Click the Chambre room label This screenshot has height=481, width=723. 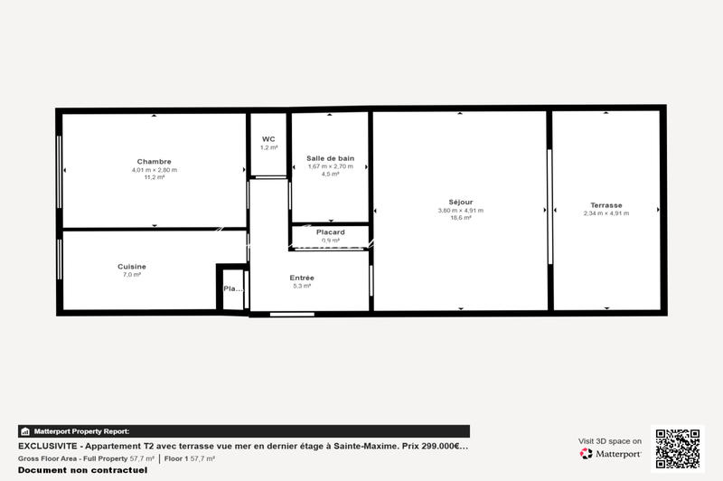tap(154, 162)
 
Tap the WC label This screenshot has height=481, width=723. tap(268, 139)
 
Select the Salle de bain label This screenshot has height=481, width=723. tap(330, 158)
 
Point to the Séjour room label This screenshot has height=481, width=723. tap(460, 202)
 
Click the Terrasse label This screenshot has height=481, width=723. tap(606, 205)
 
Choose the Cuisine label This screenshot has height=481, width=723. tap(132, 266)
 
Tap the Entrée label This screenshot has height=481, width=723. tap(302, 278)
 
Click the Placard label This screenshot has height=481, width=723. tap(330, 232)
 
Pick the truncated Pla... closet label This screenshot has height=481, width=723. tap(231, 289)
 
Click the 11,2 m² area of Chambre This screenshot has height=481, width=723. tap(154, 177)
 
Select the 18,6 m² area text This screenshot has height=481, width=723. tap(460, 218)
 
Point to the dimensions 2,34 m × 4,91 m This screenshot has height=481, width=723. tap(606, 213)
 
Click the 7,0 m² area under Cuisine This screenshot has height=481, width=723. tap(132, 274)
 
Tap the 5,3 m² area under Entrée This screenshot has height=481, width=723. tap(302, 286)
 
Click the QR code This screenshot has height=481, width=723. tap(677, 449)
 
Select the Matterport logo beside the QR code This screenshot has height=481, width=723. tap(611, 453)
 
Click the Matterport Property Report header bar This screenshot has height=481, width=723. tap(244, 431)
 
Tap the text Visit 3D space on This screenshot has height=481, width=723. tap(611, 441)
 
